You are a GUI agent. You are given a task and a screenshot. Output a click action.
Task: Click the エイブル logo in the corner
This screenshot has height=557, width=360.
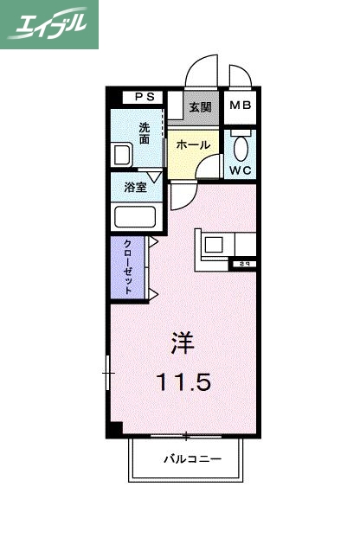(x=49, y=24)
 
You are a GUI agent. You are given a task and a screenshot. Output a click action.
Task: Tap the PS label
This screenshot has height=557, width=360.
(x=139, y=97)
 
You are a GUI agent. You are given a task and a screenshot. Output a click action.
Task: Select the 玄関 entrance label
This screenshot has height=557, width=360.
(x=202, y=107)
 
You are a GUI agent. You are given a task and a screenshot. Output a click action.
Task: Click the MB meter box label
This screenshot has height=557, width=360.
(x=240, y=107)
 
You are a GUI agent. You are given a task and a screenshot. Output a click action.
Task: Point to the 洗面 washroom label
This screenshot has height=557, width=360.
(x=145, y=131)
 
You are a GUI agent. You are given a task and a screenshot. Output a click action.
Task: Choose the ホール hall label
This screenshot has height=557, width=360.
(x=192, y=145)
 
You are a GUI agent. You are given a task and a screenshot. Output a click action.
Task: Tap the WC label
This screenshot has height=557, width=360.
(x=240, y=170)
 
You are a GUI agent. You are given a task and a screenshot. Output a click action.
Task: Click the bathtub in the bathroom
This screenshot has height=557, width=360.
(x=134, y=216)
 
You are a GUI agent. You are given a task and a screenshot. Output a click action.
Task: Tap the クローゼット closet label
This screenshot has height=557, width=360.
(x=128, y=266)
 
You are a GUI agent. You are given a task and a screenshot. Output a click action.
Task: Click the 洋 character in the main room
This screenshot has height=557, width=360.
(x=182, y=342)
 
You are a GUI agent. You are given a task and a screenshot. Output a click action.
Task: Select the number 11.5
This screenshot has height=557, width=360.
(x=183, y=381)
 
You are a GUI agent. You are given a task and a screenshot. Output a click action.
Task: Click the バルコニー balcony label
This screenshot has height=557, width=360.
(x=192, y=458)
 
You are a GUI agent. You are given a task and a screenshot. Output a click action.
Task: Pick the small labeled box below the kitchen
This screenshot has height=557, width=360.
(x=244, y=264)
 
